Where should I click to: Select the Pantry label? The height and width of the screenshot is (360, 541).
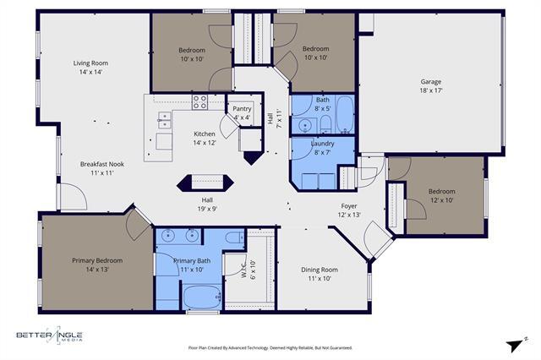(x=243, y=108)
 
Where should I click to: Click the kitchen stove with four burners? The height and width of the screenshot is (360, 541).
(x=200, y=102)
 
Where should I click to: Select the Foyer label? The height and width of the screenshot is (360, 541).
(x=349, y=205)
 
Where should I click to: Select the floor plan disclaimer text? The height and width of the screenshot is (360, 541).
(x=270, y=347)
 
